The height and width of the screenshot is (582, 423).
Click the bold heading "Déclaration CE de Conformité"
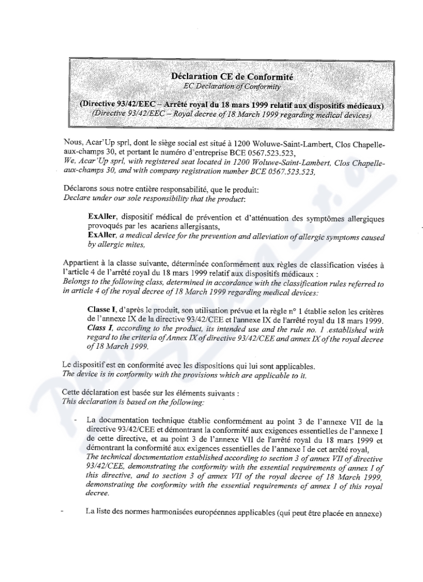tap(233, 77)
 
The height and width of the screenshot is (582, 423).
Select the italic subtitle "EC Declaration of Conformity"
tap(233, 86)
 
